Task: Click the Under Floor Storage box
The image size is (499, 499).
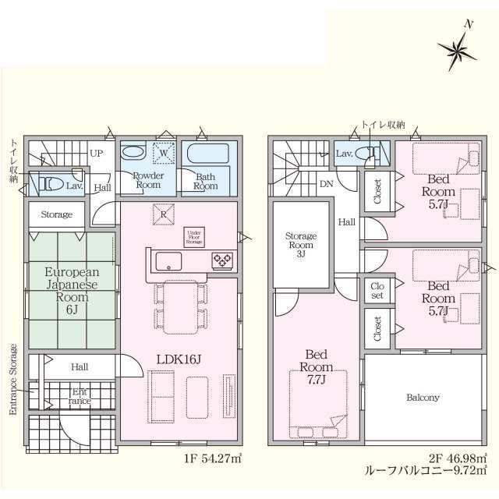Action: click(x=195, y=236)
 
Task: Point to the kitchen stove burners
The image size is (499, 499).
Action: click(x=222, y=260)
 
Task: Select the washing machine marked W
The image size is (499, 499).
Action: click(x=164, y=154)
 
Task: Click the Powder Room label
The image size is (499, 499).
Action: click(x=147, y=181)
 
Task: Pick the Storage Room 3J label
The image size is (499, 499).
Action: click(x=299, y=242)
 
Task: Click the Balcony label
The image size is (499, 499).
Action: click(x=423, y=398)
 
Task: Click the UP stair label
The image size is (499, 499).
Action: click(x=97, y=154)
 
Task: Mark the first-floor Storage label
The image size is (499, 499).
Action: click(x=56, y=214)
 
